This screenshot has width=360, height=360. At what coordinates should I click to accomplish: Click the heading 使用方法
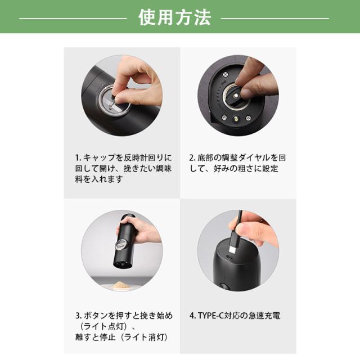coord(174,17)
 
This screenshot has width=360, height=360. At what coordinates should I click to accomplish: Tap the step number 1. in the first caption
coord(78,157)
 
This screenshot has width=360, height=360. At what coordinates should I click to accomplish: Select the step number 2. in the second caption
coord(192,157)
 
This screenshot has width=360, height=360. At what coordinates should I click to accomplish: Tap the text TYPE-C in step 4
coord(210,316)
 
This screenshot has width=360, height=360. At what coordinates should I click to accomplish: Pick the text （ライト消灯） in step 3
coord(145,337)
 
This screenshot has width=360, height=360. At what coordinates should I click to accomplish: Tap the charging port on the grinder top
coord(230,258)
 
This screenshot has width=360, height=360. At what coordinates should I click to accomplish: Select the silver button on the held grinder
coord(121,245)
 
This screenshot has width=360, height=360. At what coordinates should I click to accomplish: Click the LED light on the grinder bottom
coord(236,119)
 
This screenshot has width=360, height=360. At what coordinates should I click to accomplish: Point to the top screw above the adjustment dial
coord(226,74)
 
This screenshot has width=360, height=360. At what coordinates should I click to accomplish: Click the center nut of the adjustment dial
coord(236,96)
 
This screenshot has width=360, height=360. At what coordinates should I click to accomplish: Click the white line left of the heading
coord(73,18)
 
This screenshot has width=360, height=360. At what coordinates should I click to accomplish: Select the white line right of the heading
coord(275,18)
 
